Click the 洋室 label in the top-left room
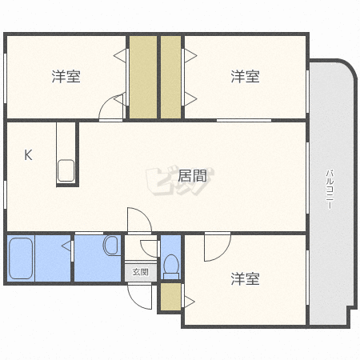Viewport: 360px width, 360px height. [x=66, y=77]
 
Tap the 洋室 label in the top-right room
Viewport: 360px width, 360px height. [x=245, y=77]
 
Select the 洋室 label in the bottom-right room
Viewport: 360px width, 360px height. [x=245, y=279]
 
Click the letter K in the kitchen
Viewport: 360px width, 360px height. [x=27, y=155]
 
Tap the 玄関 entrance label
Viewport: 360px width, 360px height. [x=141, y=272]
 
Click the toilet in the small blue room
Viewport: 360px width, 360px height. [x=170, y=265]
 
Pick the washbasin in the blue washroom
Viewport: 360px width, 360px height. [x=111, y=245]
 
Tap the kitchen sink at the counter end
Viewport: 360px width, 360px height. [x=66, y=170]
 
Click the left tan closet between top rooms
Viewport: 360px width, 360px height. [x=143, y=77]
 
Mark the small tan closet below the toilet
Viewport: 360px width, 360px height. [x=170, y=298]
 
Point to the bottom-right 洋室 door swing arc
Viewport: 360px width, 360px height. [x=214, y=248]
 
